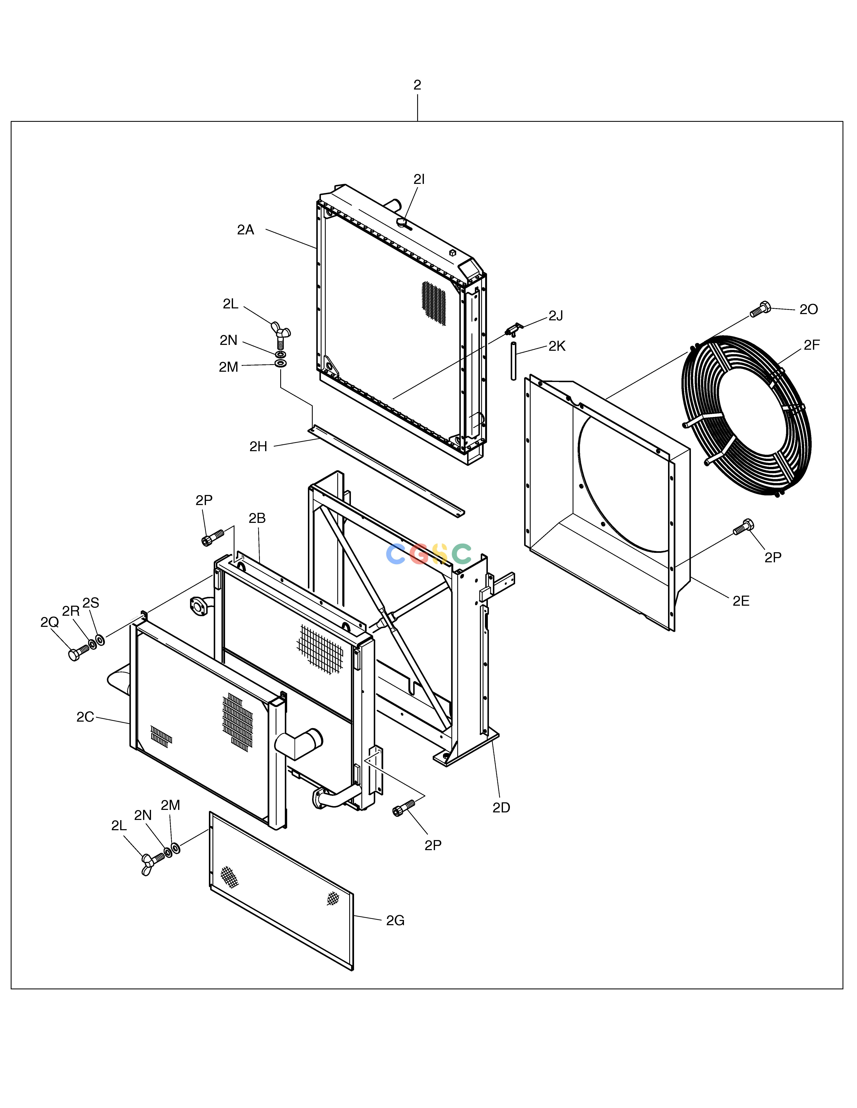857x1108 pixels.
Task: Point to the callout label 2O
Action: pos(809,309)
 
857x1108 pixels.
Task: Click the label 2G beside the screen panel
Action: pos(395,920)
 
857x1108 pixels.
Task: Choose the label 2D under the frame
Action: pos(501,808)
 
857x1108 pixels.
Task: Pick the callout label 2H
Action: pos(258,446)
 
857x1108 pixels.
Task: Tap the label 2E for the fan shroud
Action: pos(741,601)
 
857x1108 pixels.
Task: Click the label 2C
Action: pos(85,717)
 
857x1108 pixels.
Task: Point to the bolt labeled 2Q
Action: pos(79,653)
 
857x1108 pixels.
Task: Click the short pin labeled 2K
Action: pos(513,361)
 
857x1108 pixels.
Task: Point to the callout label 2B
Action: pos(257,518)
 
